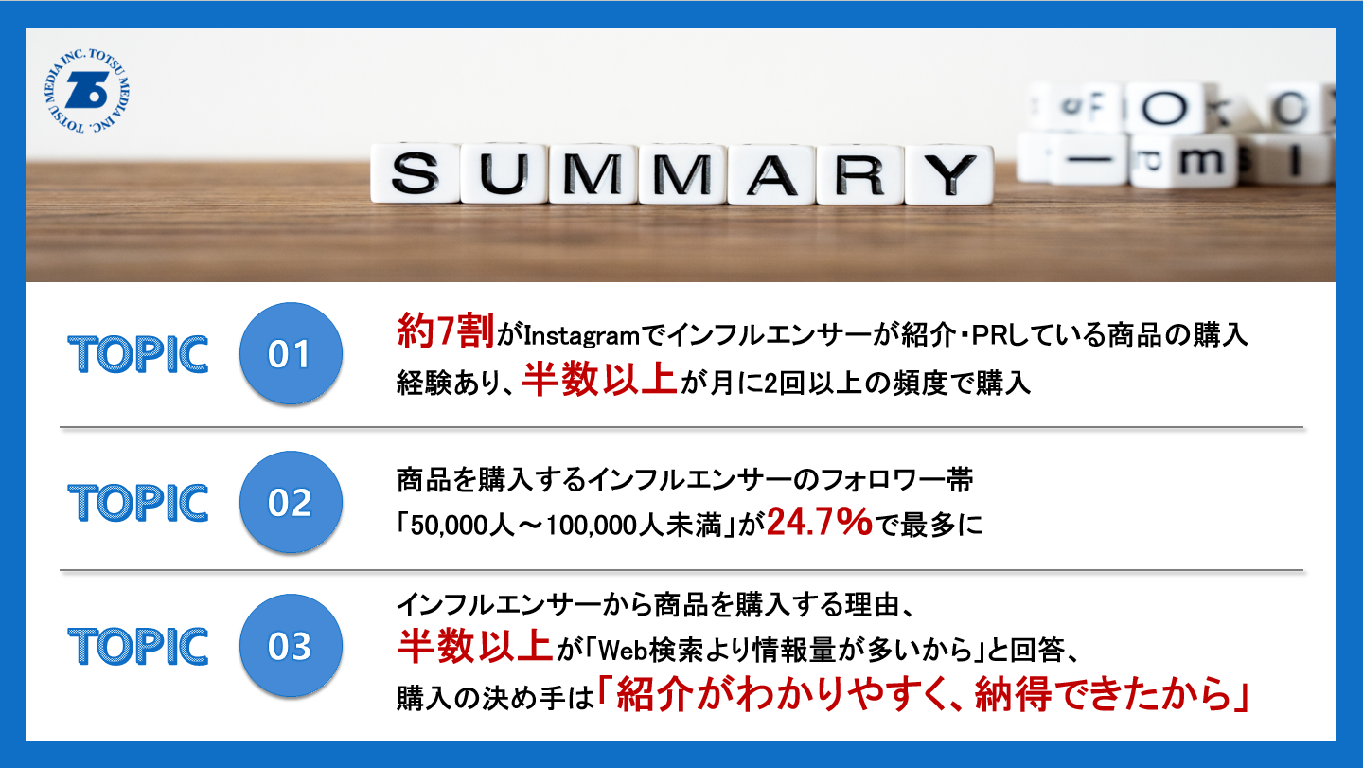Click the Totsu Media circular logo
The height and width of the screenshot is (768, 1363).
[x=87, y=91]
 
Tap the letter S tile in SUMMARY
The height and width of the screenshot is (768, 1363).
[x=415, y=173]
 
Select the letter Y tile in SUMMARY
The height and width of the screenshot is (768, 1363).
[x=949, y=174]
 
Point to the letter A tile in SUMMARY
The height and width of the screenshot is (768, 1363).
[x=771, y=174]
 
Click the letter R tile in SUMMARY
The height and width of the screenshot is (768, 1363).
[x=860, y=174]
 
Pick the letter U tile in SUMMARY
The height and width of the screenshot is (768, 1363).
[x=504, y=173]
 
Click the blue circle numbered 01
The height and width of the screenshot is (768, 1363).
[x=291, y=353]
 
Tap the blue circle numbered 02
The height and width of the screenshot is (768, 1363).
[x=291, y=502]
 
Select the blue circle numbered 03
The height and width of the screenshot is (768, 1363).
[x=291, y=645]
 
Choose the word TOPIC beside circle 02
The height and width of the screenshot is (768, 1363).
[x=138, y=503]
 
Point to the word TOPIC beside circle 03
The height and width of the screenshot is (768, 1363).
[x=138, y=646]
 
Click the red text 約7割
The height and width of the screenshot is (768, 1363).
[x=446, y=331]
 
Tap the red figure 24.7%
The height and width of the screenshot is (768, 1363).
[x=820, y=522]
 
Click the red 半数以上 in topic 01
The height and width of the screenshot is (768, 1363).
[x=599, y=379]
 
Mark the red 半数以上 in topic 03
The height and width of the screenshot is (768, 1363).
[x=474, y=646]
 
